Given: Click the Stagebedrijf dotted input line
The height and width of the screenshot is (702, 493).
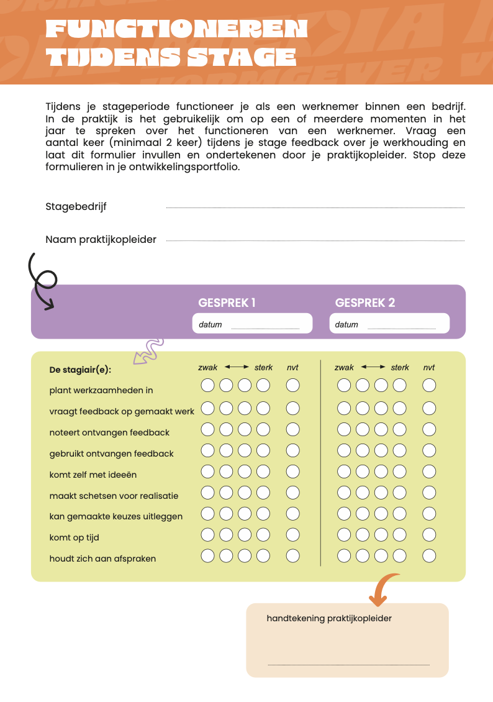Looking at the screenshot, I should pos(315,207).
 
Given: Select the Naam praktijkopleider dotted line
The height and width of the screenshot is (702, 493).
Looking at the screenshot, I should pos(315,240).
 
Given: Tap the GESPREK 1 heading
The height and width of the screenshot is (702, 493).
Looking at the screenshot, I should pos(227,303).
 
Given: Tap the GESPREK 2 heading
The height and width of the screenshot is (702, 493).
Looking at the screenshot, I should pos(365,303).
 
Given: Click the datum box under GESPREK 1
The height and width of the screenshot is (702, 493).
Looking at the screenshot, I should pos(252,324).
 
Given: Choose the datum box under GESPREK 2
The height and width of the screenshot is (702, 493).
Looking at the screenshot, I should pos(389,324).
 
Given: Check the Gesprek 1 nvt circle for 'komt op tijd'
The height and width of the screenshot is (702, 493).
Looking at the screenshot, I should pos(292,535).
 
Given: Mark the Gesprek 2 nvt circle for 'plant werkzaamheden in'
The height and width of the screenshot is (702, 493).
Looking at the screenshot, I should pos(429,386).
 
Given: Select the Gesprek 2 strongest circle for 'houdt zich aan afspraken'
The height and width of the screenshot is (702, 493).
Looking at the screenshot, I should pos(399,556).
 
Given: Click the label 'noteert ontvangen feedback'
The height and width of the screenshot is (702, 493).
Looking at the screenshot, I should pos(109,432).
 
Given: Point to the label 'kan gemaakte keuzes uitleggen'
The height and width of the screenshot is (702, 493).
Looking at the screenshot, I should pos(116,516).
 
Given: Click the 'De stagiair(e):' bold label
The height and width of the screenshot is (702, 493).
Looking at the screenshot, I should pos(80,370).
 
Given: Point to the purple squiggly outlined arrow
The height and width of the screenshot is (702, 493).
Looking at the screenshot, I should pos(148,352).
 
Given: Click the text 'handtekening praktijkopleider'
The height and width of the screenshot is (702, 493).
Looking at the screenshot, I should pos(329,618).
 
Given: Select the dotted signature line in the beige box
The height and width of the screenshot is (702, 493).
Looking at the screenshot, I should pos(348,665).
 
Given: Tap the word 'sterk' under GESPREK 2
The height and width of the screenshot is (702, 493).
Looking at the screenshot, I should pos(400,368).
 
